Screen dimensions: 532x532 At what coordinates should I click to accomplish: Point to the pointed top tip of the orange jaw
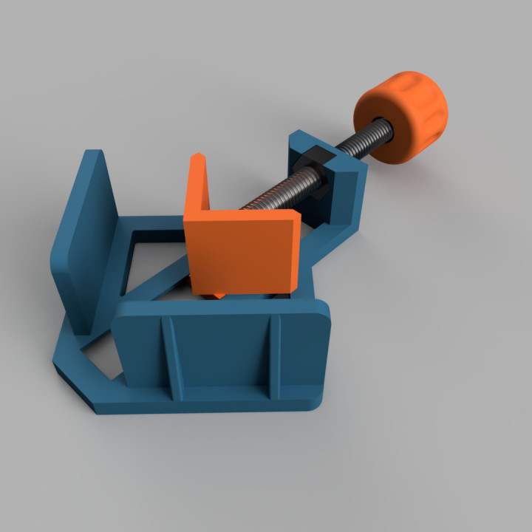click(x=197, y=157)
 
